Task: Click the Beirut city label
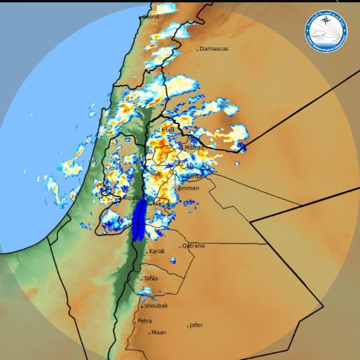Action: [x=151, y=17]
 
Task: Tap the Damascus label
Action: [x=214, y=49]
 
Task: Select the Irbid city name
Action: [x=168, y=129]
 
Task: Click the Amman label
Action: [x=188, y=188]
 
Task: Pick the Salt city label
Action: [x=156, y=174]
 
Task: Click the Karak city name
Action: [x=157, y=251]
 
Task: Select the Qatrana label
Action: [x=193, y=246]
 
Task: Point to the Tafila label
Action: [x=151, y=278]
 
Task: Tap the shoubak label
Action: [x=156, y=305]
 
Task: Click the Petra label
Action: [x=145, y=321]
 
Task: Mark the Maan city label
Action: [x=158, y=333]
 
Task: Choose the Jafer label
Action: [x=196, y=325]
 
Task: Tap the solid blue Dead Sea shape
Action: [x=139, y=220]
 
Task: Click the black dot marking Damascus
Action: [x=197, y=49]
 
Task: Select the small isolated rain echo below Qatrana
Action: [x=173, y=260]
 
